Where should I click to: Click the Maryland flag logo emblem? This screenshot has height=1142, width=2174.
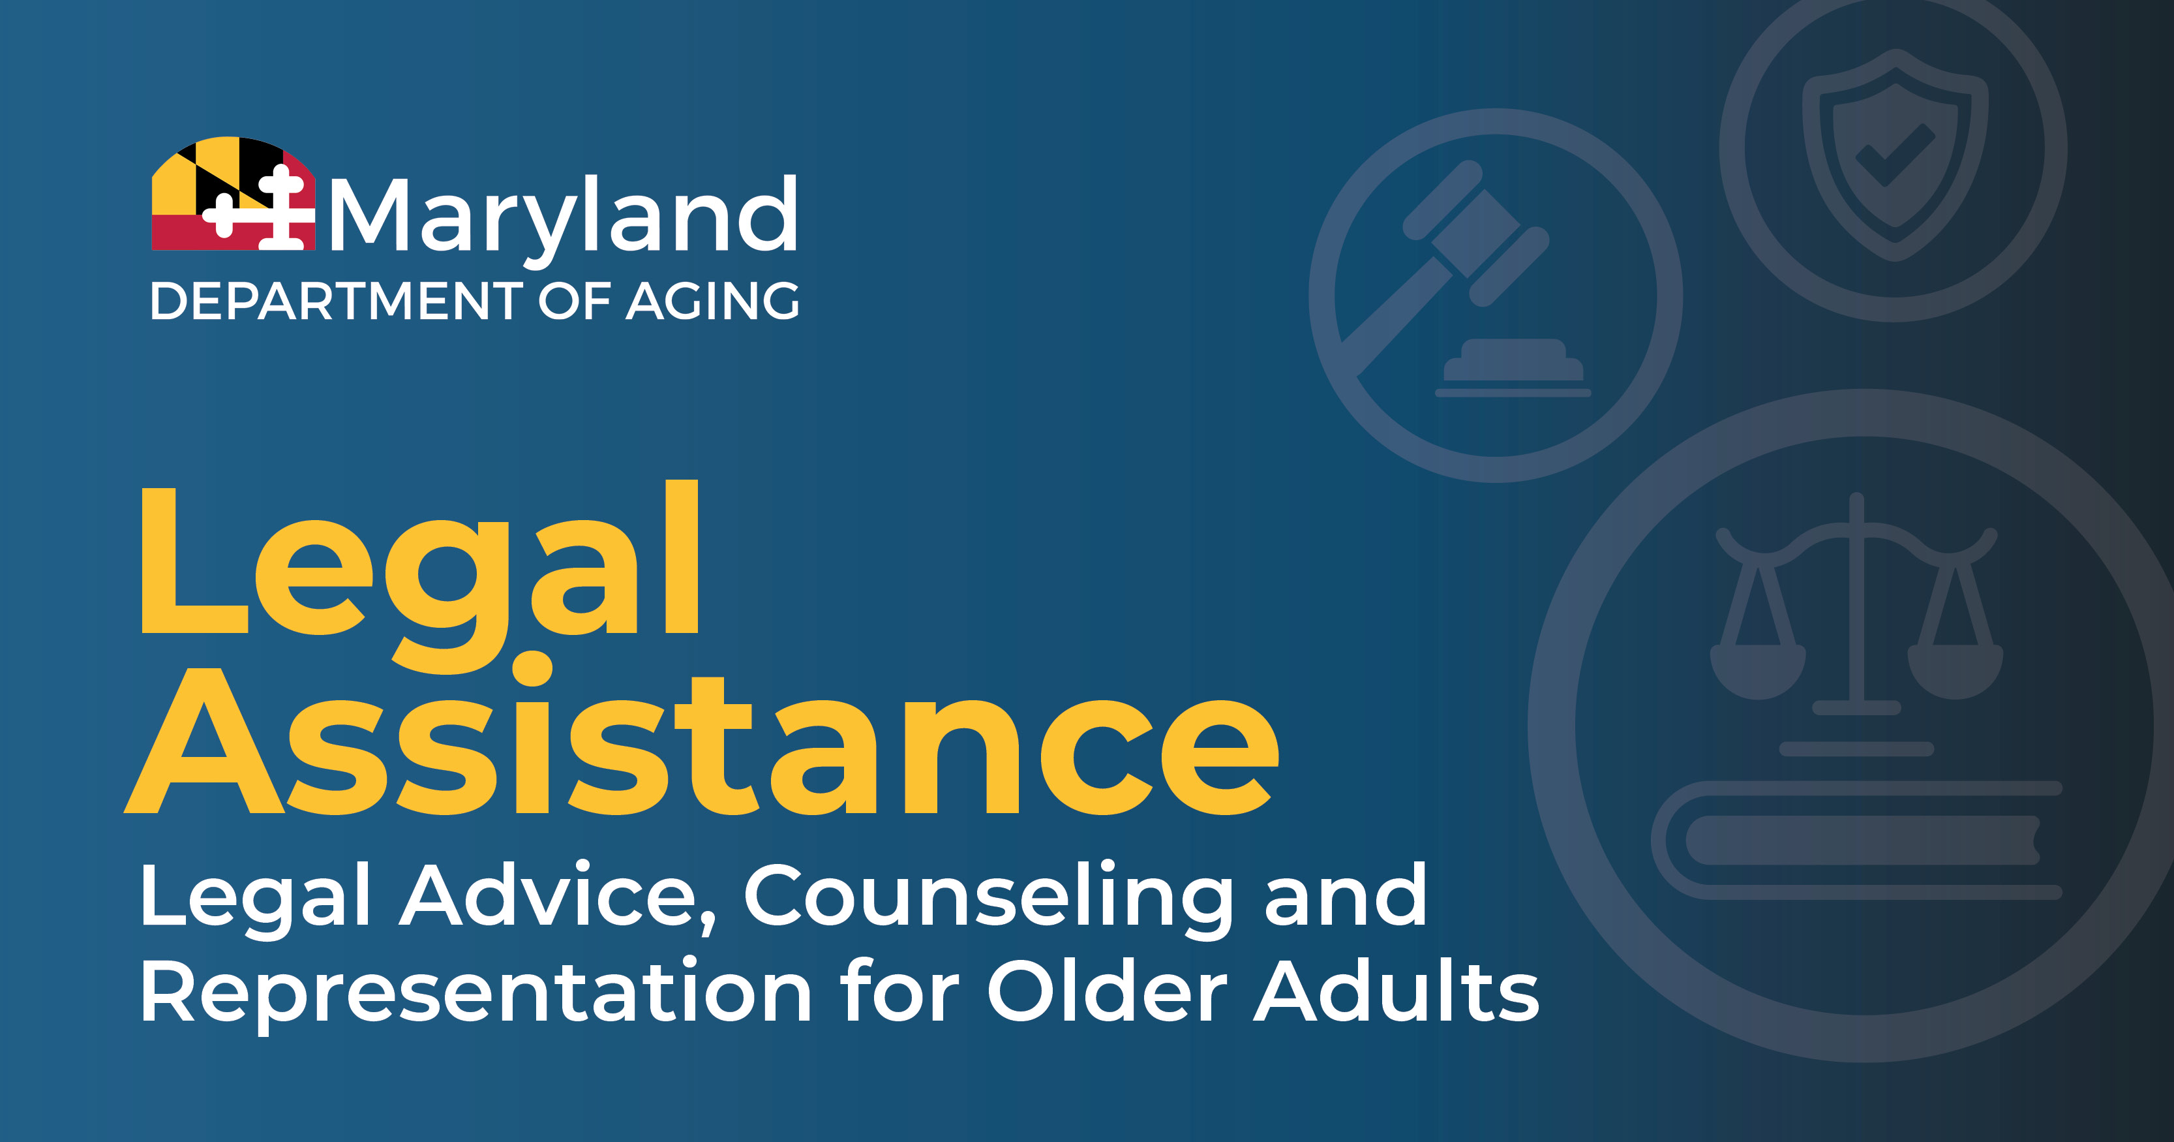coord(233,193)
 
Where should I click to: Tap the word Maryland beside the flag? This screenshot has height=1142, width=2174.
coord(563,216)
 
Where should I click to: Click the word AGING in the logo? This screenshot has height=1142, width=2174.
coord(712,301)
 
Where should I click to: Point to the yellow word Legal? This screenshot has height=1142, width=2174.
coord(419,576)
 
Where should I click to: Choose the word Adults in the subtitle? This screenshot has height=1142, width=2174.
coord(1396,989)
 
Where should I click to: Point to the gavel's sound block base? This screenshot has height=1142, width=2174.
coord(1513,368)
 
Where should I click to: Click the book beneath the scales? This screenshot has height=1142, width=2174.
coord(1857,841)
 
